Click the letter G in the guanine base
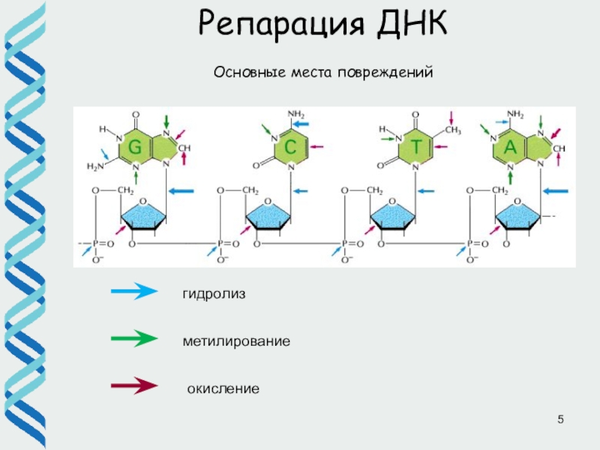(x=135, y=148)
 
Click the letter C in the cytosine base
(x=290, y=148)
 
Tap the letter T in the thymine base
(x=415, y=148)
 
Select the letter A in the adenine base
(x=510, y=148)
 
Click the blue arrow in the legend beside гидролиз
(x=133, y=292)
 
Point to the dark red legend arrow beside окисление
(x=133, y=387)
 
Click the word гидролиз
(x=214, y=294)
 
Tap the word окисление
(x=223, y=389)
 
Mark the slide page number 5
(x=559, y=417)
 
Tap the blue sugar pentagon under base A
(x=517, y=217)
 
